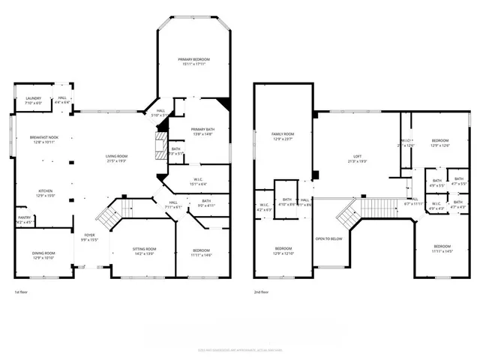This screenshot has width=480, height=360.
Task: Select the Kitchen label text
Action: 46,193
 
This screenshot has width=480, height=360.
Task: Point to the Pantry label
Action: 25,220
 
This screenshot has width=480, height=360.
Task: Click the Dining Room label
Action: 45,256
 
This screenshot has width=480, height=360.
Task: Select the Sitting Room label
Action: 145,250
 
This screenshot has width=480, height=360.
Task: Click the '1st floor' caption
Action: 21,292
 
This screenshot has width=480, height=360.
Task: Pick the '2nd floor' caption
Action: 262,292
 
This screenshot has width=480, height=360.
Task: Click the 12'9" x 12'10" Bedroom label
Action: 283,250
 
